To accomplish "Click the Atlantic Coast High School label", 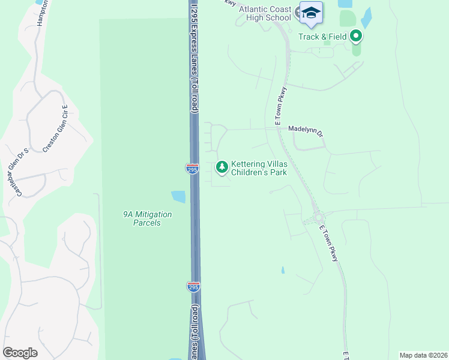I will point(265,13).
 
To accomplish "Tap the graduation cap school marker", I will point(311,13).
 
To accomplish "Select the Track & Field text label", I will point(324,37).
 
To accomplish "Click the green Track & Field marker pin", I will point(356,37).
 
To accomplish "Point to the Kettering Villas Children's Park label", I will point(259,168).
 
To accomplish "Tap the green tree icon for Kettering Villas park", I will point(222,166).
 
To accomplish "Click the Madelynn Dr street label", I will point(306,128).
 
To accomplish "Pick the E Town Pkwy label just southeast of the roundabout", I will point(328,242).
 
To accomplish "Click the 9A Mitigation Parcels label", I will point(147,218).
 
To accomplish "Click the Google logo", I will point(20,353).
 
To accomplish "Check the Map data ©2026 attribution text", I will point(423,355).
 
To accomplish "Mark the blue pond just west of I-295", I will point(178,197).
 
